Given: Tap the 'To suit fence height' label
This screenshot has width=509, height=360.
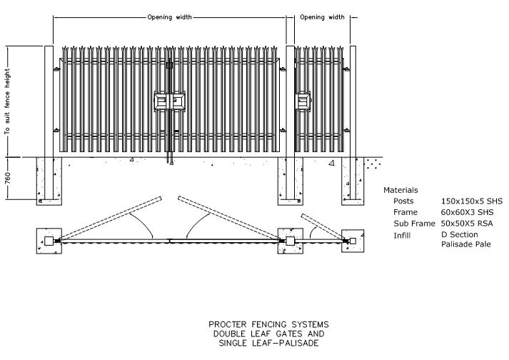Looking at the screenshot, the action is point(7,101).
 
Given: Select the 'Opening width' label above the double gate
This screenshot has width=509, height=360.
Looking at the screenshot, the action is point(169,17).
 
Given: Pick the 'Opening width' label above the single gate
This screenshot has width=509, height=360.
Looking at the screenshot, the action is point(322,17).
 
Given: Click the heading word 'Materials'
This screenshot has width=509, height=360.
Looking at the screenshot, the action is point(400,190).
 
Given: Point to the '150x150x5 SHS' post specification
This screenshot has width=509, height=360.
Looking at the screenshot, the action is point(472,201).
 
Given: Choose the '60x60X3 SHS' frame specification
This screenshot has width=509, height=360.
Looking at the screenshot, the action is point(467,212).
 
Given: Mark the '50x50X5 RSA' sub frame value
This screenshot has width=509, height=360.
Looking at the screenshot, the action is point(467,224).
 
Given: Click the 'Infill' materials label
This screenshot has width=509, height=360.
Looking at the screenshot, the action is point(402,235).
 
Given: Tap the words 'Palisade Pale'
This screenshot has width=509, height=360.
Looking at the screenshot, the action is point(466,244).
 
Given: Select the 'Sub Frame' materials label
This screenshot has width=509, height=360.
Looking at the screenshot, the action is point(414,224).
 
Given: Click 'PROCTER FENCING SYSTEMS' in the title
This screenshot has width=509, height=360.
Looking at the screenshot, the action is point(268,324).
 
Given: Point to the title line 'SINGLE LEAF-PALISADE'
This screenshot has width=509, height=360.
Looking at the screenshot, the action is point(268,343).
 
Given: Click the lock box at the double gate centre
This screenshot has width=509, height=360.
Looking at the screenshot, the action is point(169,101).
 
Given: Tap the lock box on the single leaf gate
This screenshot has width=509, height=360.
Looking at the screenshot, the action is point(303,101).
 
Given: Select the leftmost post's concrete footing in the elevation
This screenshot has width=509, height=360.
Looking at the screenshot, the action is point(49,181).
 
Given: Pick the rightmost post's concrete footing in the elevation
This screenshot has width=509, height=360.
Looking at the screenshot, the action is point(353,181).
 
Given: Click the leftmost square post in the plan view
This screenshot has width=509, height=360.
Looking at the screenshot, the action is point(49,241).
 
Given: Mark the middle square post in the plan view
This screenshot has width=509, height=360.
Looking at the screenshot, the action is point(291,241).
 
